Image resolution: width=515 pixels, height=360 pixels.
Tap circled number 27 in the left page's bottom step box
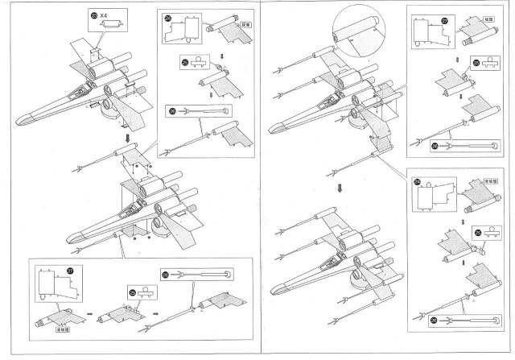(x=70, y=271)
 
